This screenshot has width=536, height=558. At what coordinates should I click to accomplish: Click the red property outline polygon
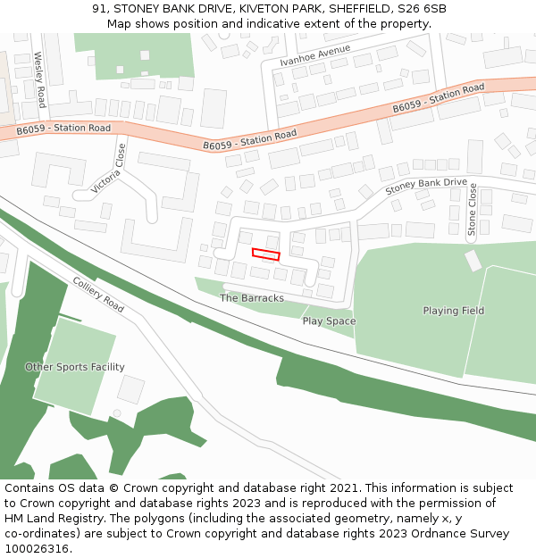pyautogui.click(x=265, y=254)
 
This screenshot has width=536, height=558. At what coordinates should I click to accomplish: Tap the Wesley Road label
pyautogui.click(x=39, y=79)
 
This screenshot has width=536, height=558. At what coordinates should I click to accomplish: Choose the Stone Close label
pyautogui.click(x=473, y=210)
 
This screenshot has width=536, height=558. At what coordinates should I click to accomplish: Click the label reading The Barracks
pyautogui.click(x=252, y=298)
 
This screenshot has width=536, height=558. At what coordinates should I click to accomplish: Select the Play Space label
pyautogui.click(x=329, y=321)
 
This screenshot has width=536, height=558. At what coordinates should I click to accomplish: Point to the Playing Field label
pyautogui.click(x=454, y=311)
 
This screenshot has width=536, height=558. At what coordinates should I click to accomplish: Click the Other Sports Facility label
pyautogui.click(x=75, y=367)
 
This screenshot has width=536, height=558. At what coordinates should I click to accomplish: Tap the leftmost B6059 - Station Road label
pyautogui.click(x=63, y=129)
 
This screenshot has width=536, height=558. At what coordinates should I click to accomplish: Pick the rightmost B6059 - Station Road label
pyautogui.click(x=438, y=99)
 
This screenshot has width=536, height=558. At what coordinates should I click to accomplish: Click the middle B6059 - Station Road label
pyautogui.click(x=249, y=141)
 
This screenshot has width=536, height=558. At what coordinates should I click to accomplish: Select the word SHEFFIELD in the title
pyautogui.click(x=356, y=9)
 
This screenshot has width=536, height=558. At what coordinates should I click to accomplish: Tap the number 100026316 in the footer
pyautogui.click(x=38, y=548)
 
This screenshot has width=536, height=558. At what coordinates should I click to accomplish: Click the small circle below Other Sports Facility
pyautogui.click(x=116, y=413)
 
